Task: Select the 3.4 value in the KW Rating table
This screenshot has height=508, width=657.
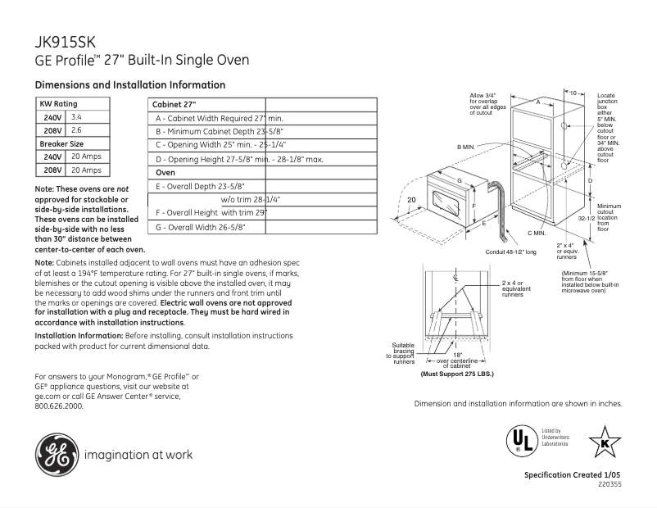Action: [77, 118]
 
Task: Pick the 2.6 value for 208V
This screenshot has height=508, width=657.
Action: [77, 130]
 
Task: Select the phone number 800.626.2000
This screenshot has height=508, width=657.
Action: [59, 406]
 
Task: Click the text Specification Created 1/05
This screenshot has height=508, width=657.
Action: [573, 476]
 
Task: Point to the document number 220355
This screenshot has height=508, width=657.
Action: [609, 486]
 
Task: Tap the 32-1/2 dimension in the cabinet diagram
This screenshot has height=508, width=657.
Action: [586, 219]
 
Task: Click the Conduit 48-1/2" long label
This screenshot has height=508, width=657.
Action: [510, 252]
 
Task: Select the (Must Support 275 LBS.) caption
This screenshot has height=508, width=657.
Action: [457, 374]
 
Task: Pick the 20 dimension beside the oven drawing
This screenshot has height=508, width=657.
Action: [411, 200]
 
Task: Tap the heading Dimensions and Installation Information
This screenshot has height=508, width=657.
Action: [129, 85]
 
